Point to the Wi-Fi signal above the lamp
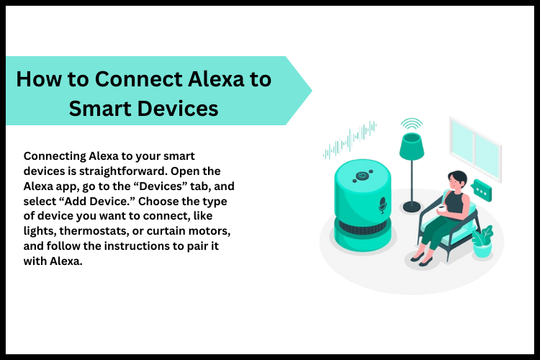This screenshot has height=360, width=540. click(x=411, y=124)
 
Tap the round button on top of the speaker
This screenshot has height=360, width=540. click(x=363, y=175)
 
